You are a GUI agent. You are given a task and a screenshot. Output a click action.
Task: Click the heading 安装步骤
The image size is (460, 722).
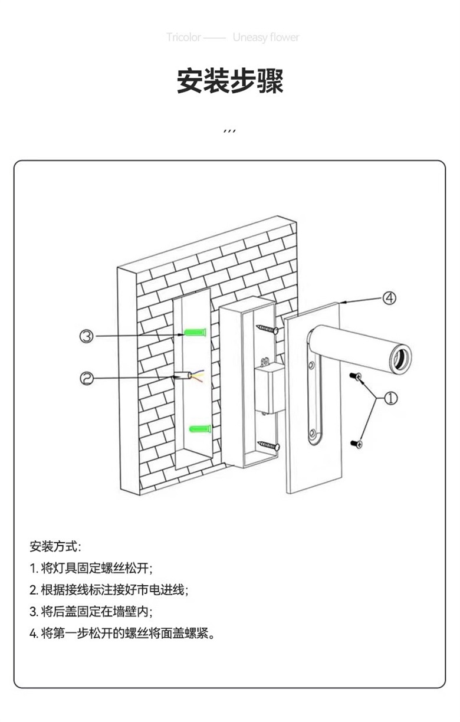pos(230,81)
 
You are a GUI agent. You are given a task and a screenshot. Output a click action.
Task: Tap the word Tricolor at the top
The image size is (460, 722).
pos(183,38)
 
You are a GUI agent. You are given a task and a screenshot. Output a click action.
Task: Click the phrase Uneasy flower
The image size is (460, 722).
pos(265,38)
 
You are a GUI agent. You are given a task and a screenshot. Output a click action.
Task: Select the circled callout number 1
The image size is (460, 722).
pos(390,399)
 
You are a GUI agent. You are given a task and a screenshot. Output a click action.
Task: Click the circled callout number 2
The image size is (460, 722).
pos(87,378)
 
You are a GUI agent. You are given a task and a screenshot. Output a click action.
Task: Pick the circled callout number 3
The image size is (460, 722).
pos(87,336)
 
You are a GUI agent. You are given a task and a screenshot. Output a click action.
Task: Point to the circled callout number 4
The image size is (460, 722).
pos(389,298)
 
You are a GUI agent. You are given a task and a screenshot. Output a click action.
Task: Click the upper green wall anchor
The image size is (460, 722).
pos(195,333)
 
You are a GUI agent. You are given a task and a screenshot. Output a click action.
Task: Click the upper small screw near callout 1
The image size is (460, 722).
pos(356,376)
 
